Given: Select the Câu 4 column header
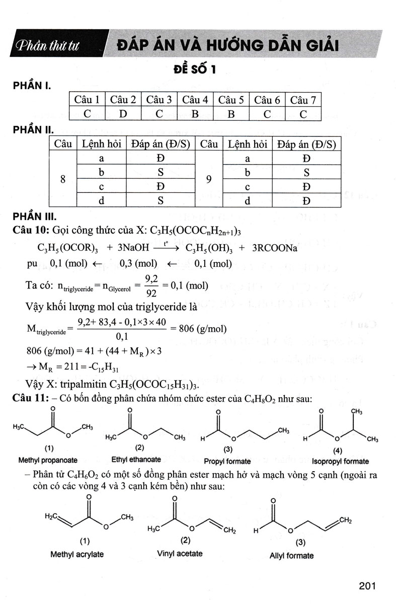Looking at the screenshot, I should click(x=195, y=100).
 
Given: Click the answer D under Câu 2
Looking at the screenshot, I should click(x=123, y=113).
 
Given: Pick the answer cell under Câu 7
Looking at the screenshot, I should click(x=303, y=113).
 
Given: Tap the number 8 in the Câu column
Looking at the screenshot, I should click(x=62, y=179).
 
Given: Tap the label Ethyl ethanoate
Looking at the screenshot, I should click(x=136, y=459).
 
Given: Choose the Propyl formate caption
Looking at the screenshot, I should click(x=227, y=461).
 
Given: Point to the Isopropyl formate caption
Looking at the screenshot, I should click(x=340, y=461).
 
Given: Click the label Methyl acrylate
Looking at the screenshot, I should click(x=77, y=554).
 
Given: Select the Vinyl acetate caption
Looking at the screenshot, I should click(x=180, y=553).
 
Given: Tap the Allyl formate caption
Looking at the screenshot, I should click(x=291, y=556).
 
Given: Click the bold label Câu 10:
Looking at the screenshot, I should click(x=30, y=230).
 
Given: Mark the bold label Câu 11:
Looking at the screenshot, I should click(x=30, y=399).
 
